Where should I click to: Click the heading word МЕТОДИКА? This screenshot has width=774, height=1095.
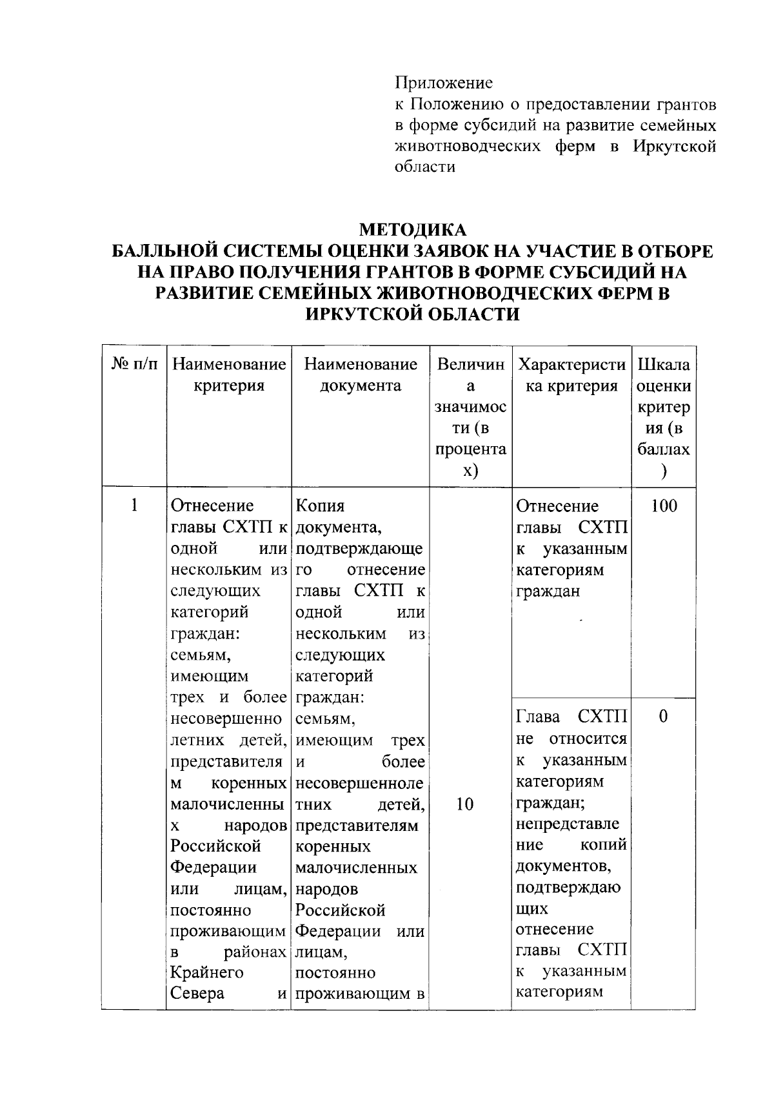[x=412, y=230]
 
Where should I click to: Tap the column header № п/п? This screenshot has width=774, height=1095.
[x=134, y=365]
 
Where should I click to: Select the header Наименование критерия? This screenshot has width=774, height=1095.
[x=229, y=375]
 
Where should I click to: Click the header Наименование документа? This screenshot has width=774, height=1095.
[x=361, y=375]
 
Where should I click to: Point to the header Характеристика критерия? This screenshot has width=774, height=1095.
[x=571, y=375]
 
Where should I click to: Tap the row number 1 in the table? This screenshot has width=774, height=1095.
[x=134, y=505]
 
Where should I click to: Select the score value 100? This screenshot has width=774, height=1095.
[x=664, y=506]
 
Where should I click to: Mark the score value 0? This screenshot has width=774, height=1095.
[x=663, y=716]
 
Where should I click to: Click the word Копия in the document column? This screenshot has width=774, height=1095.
[x=320, y=506]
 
